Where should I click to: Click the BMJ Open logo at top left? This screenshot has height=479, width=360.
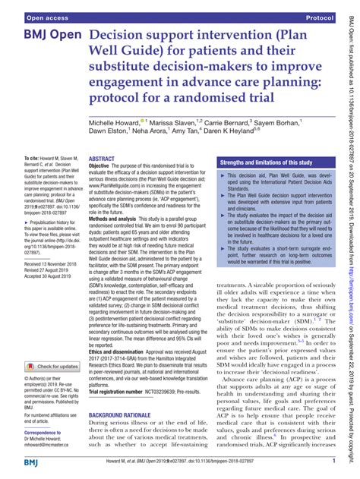43,37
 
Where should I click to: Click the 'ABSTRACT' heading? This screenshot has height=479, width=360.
102,159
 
